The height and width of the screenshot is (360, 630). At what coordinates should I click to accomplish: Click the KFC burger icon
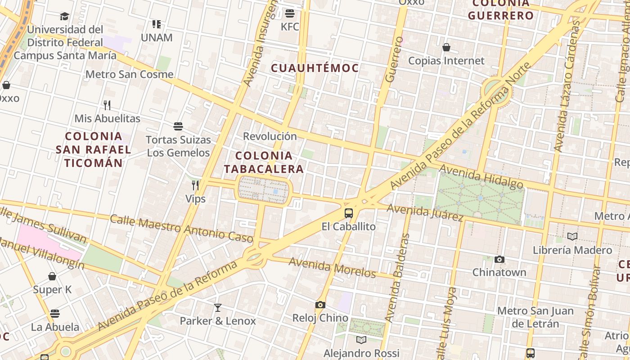[x=290, y=13]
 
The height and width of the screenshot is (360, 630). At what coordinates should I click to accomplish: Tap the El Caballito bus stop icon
[x=349, y=213]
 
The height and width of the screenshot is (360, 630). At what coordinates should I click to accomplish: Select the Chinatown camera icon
[x=499, y=259]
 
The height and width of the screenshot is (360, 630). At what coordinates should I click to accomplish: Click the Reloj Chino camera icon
[x=320, y=305]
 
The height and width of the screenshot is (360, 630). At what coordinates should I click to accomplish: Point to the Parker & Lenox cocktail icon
[x=218, y=308]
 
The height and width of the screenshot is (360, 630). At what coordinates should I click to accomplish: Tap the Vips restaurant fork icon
[x=195, y=185]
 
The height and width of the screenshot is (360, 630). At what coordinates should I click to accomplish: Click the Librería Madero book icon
[x=572, y=236]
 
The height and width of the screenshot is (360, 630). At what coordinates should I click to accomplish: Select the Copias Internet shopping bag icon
[x=446, y=47]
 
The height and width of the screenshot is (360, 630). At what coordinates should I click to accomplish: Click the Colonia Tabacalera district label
[x=264, y=162]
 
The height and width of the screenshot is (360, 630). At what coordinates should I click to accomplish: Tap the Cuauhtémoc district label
[x=315, y=68]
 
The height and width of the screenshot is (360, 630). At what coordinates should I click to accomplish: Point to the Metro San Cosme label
[x=129, y=74]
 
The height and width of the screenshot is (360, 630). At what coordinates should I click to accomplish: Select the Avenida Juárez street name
[x=425, y=212]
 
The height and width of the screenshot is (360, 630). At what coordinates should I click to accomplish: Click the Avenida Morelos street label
[x=332, y=267]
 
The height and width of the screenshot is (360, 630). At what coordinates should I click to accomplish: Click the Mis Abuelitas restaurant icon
[x=107, y=105]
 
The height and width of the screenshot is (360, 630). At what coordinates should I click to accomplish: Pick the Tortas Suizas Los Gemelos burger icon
[x=178, y=126]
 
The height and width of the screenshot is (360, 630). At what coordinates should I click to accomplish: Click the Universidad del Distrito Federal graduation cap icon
[x=65, y=17]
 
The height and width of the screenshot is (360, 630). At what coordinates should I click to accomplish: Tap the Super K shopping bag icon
[x=52, y=276]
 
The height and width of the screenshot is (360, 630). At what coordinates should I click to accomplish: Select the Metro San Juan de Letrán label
[x=535, y=317]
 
